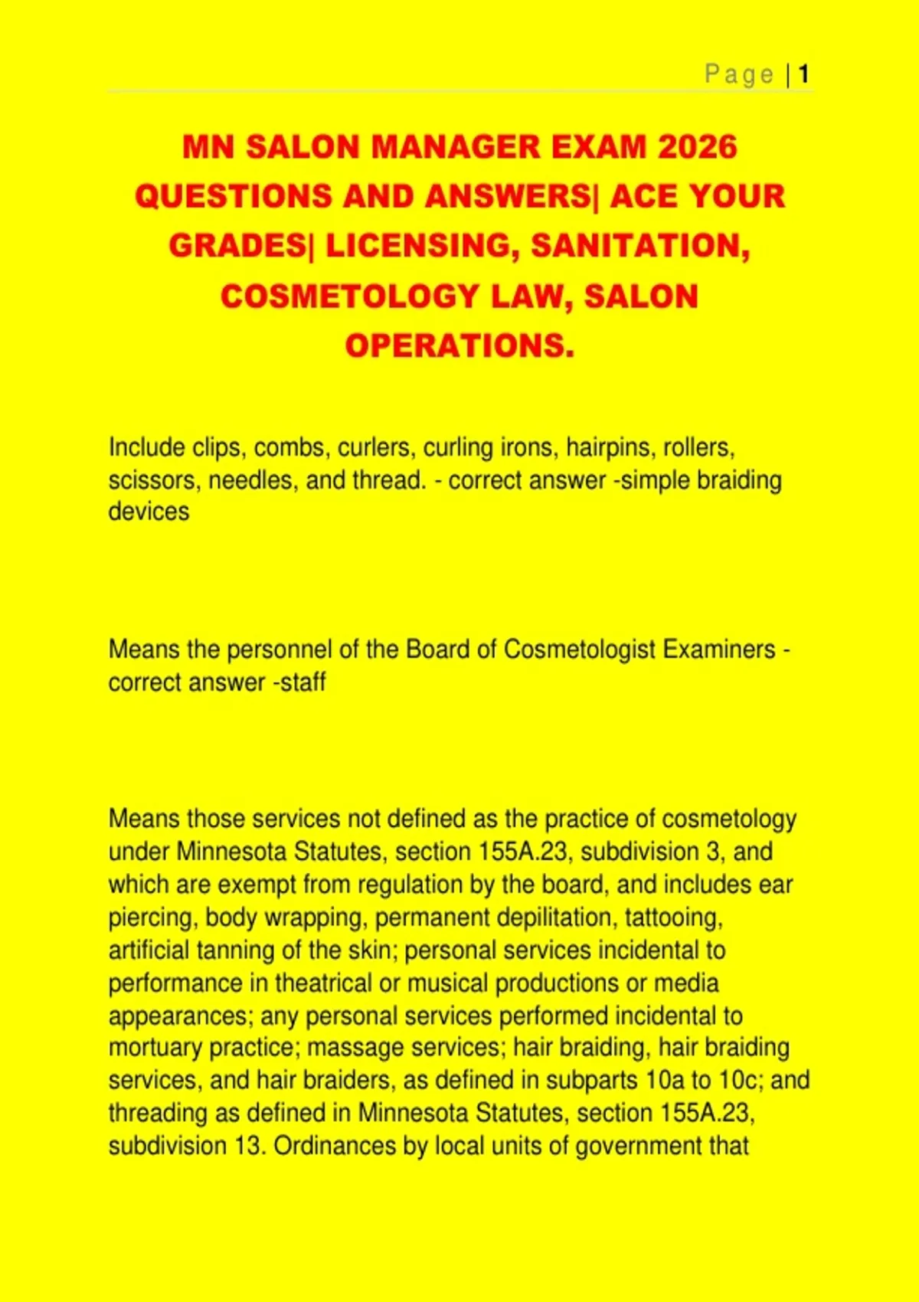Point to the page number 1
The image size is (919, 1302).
coord(803,74)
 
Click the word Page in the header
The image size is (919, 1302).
coord(739,74)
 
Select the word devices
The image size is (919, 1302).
coord(149,512)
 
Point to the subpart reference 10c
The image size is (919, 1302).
coord(740,1080)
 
